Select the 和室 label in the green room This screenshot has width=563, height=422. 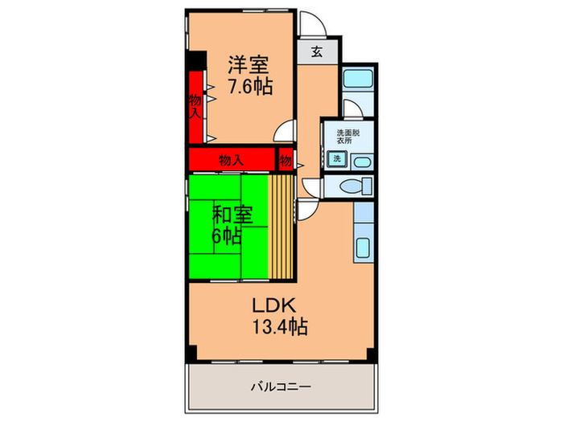tap(232, 215)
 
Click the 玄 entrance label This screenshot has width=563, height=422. tap(317, 53)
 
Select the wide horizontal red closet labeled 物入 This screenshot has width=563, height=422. tap(232, 160)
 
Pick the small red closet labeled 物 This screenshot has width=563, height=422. tap(286, 161)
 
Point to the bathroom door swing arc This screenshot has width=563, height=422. tap(349, 109)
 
